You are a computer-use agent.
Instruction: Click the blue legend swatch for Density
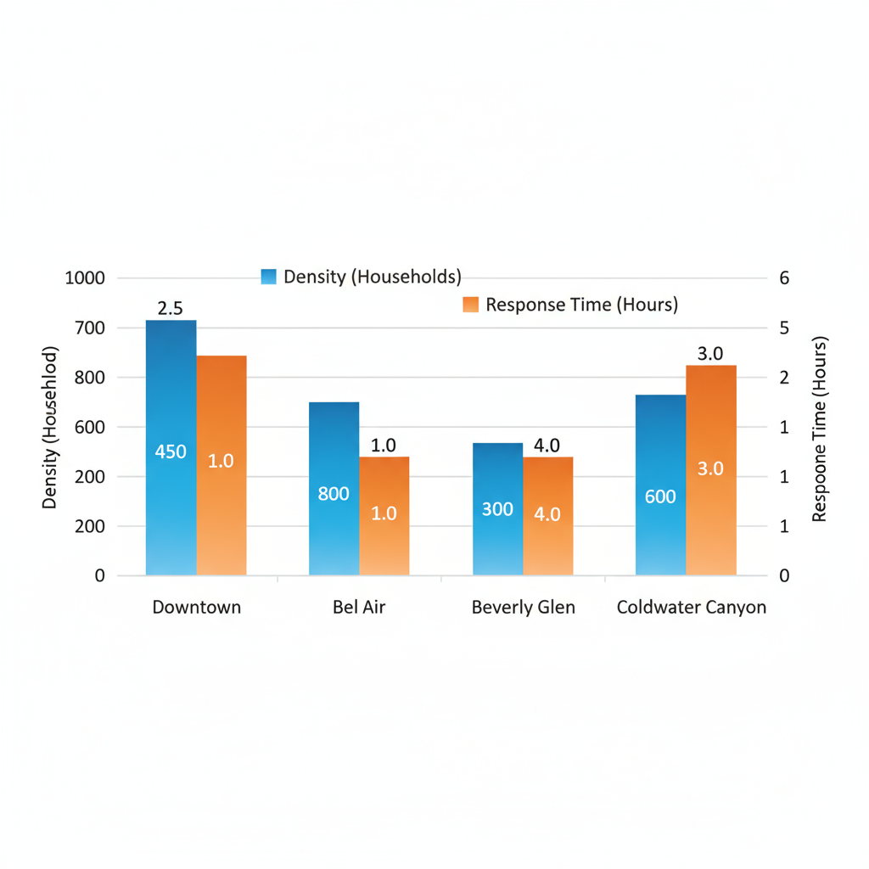(x=269, y=277)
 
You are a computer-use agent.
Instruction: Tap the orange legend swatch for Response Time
(x=471, y=305)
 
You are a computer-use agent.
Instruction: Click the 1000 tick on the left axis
(x=85, y=278)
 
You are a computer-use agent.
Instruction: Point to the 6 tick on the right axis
(x=784, y=278)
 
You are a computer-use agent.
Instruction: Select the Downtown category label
(x=196, y=608)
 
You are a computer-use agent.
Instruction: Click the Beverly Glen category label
(x=523, y=608)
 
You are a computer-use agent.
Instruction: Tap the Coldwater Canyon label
(x=691, y=608)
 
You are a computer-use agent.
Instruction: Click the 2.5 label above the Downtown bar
(x=171, y=307)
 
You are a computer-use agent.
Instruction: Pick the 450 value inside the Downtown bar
(x=171, y=452)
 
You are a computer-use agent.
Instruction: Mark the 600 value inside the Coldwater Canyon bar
(x=660, y=497)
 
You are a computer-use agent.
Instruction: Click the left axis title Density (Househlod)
(x=50, y=428)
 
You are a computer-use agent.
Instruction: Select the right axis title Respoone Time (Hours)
(x=819, y=429)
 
